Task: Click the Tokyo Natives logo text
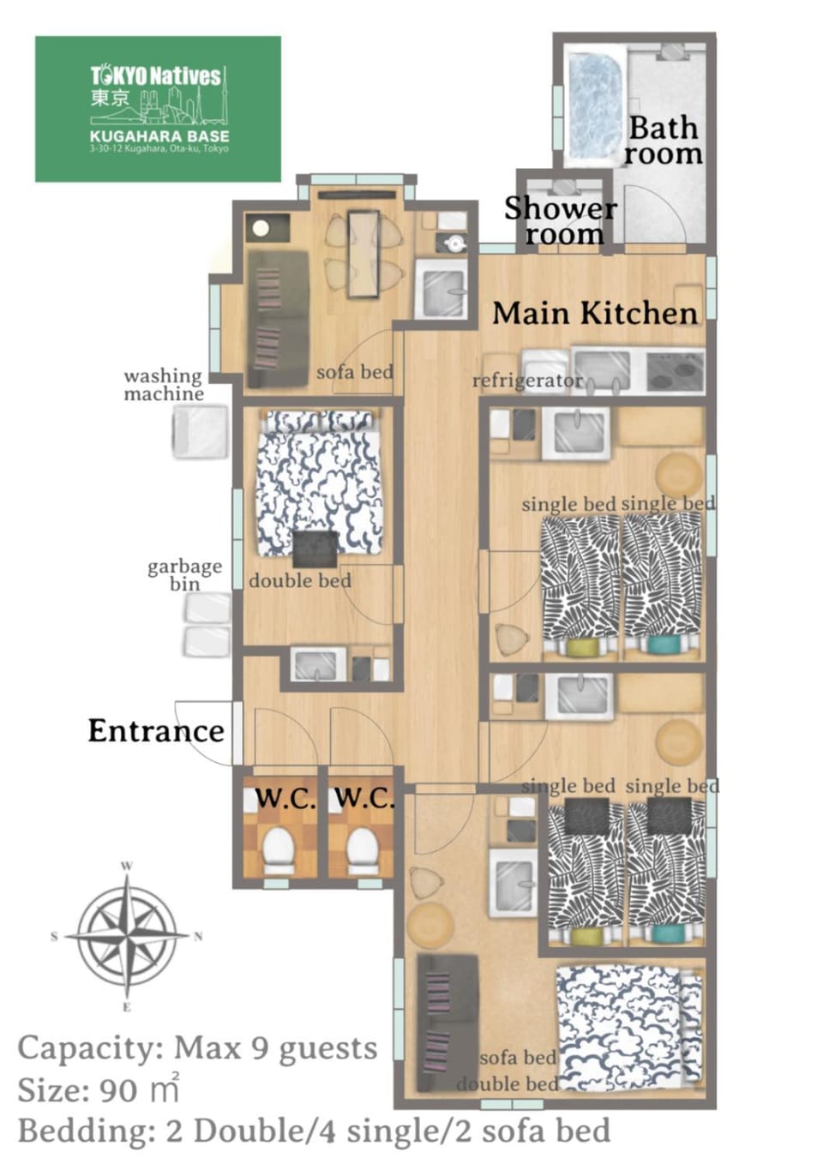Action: click(x=156, y=76)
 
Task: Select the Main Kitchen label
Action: click(x=595, y=314)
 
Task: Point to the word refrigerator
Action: click(x=527, y=381)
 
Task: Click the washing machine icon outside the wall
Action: click(x=201, y=432)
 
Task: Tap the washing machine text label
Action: click(x=164, y=385)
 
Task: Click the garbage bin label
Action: click(x=185, y=575)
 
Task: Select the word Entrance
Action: click(x=156, y=730)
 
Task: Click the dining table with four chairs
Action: click(x=363, y=254)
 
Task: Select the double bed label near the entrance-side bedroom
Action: click(x=300, y=580)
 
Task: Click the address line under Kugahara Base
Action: click(x=159, y=148)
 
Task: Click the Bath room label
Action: click(x=663, y=141)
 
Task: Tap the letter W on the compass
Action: click(x=127, y=866)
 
